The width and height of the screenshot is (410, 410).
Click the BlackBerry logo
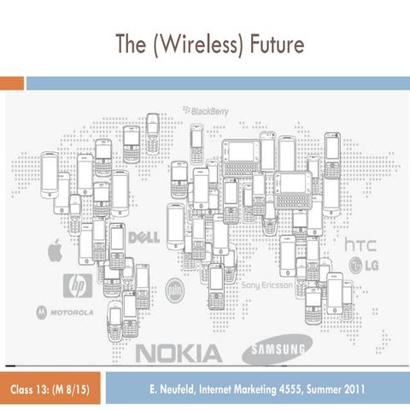[206, 111]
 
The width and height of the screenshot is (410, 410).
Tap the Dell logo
[143, 237]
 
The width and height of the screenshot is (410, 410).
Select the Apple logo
[56, 250]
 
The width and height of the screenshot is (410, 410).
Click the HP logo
[78, 285]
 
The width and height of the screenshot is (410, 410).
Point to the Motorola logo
[65, 313]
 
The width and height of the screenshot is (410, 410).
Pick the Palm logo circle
[175, 290]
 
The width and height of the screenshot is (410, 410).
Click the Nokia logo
[179, 354]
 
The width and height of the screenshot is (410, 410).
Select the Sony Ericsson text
[266, 285]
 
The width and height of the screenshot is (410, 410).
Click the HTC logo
[360, 245]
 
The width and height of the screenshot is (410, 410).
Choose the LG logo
[364, 266]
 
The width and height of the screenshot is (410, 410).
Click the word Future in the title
[277, 44]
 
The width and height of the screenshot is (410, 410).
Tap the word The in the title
[131, 44]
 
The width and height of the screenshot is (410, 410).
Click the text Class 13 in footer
[30, 389]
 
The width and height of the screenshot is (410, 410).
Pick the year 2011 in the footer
[354, 389]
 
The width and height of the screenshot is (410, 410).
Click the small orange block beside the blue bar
[12, 84]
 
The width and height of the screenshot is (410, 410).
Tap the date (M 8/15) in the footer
[71, 389]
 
